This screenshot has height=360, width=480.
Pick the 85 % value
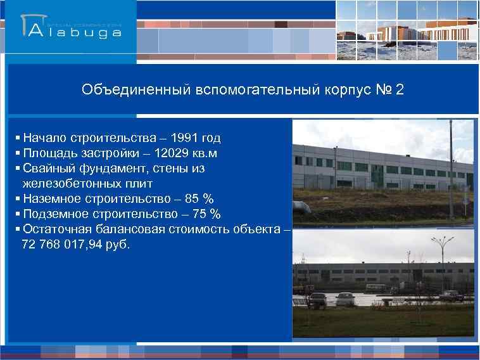(x=194, y=199)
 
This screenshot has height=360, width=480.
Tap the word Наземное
(x=49, y=199)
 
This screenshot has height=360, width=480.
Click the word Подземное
(x=53, y=214)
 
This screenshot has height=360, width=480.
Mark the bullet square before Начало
(x=16, y=138)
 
